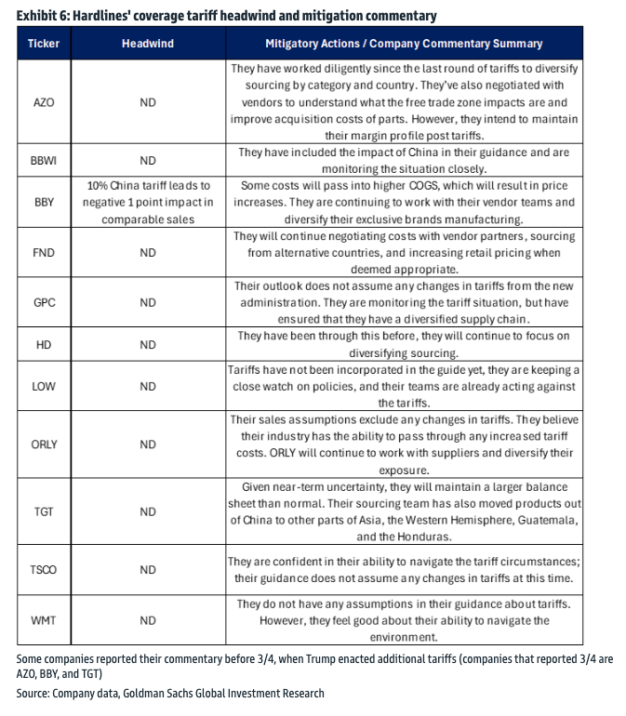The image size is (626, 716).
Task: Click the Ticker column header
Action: click(43, 44)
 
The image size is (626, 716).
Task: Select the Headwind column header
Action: click(148, 44)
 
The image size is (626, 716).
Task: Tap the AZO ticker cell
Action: click(43, 102)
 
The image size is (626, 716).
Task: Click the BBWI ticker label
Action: click(43, 160)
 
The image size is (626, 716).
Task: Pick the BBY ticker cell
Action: click(43, 202)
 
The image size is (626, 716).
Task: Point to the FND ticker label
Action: click(43, 252)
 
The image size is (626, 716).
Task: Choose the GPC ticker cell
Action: click(43, 302)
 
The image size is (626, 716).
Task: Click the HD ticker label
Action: click(43, 344)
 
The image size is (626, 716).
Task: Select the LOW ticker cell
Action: click(43, 386)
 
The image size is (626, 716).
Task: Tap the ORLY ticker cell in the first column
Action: click(43, 444)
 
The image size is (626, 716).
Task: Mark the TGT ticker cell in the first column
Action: click(43, 511)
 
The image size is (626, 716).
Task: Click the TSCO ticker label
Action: click(43, 570)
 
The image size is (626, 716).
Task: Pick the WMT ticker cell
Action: click(43, 620)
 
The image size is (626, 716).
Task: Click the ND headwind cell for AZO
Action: click(148, 102)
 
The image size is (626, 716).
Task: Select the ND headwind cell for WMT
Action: click(148, 620)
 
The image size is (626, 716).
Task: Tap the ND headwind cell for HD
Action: click(148, 344)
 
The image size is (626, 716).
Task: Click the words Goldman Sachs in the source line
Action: click(149, 693)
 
